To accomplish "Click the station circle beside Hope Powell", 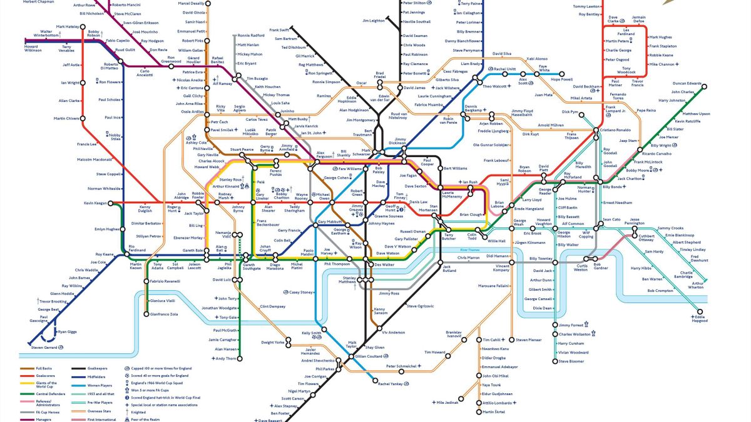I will coord(561,73).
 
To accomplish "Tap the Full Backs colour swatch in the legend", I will coord(28,369).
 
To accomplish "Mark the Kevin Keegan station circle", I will coord(110,203).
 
